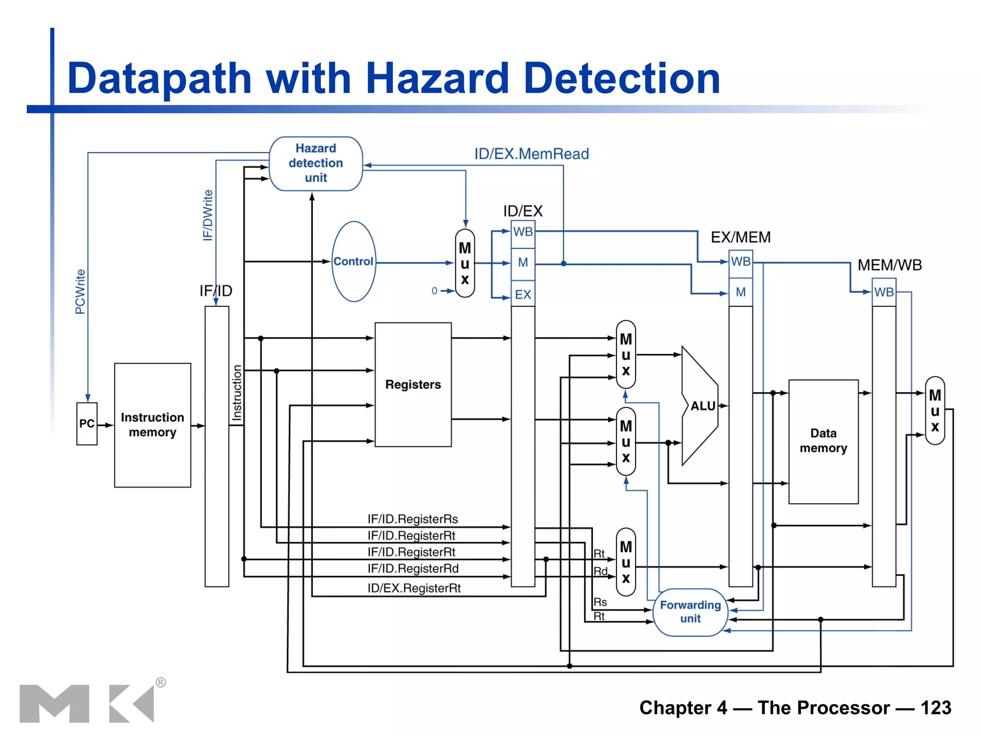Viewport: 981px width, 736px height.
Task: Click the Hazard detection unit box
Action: [316, 163]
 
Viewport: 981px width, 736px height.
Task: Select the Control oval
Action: [354, 262]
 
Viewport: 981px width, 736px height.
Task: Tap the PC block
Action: [87, 424]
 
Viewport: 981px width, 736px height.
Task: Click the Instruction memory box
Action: [152, 425]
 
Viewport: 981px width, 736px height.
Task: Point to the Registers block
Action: [413, 384]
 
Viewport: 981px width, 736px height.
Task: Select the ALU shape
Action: [700, 406]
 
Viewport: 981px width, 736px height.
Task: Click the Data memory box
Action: [823, 441]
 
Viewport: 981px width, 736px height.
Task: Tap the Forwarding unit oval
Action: [690, 612]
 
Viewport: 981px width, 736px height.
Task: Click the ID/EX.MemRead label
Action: [531, 154]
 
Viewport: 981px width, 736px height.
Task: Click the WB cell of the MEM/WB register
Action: [884, 292]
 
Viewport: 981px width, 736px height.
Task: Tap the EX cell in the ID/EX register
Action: [523, 294]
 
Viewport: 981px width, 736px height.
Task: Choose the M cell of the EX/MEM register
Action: [741, 292]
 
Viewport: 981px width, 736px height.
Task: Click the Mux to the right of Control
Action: [465, 263]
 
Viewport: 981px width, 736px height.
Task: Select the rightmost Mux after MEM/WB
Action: [935, 411]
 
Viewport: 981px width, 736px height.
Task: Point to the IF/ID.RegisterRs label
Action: [412, 519]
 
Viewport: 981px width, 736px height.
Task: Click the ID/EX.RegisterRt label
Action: [414, 588]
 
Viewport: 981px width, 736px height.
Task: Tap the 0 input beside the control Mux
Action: [434, 291]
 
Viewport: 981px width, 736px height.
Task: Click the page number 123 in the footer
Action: [935, 707]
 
